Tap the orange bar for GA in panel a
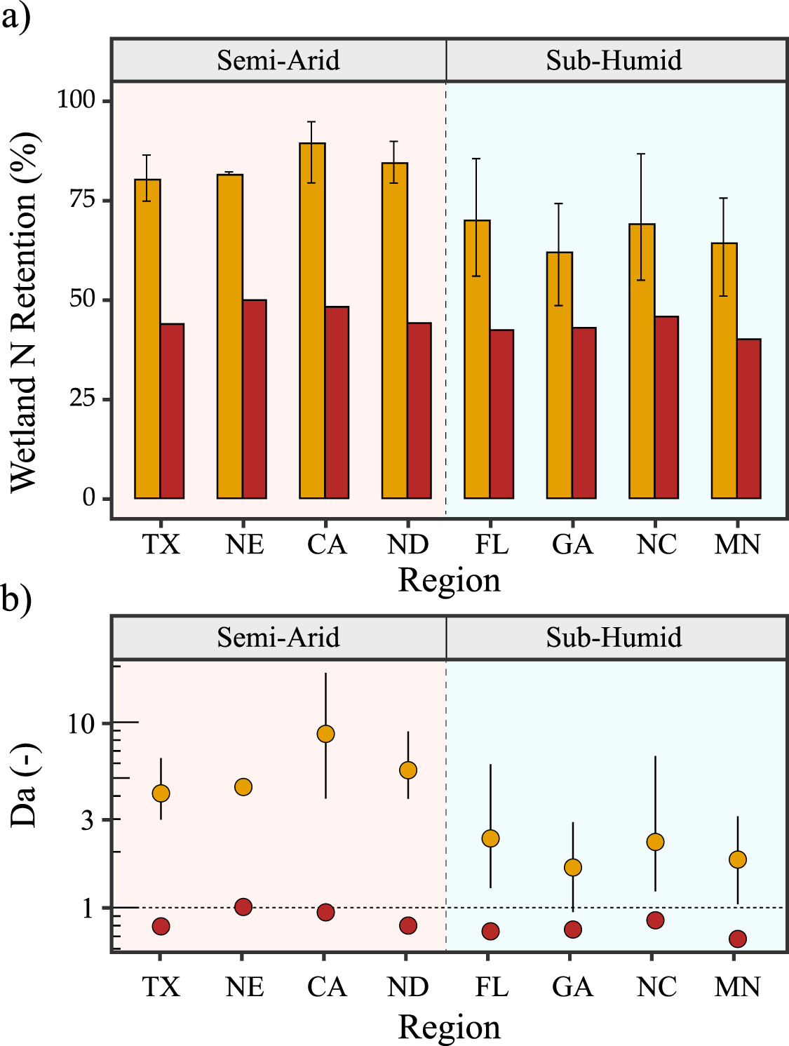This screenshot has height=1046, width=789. [560, 375]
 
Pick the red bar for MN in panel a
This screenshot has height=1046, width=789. [749, 418]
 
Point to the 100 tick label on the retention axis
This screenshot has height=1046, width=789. [76, 100]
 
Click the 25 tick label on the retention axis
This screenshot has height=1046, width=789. [82, 398]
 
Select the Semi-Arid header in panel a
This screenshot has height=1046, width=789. [278, 60]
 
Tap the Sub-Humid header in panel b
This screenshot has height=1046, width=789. [614, 638]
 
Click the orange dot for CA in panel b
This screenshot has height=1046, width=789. [325, 734]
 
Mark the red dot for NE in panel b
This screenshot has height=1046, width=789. [243, 906]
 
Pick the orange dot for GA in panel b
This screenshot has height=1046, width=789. [573, 868]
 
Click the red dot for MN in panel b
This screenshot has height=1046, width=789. [737, 939]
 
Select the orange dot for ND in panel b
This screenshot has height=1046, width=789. [408, 770]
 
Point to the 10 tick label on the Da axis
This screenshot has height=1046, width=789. [81, 723]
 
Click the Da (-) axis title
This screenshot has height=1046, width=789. [24, 786]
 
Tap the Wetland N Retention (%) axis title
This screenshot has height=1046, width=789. [24, 312]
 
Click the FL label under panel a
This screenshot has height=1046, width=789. [491, 544]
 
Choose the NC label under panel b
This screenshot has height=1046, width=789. [656, 987]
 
